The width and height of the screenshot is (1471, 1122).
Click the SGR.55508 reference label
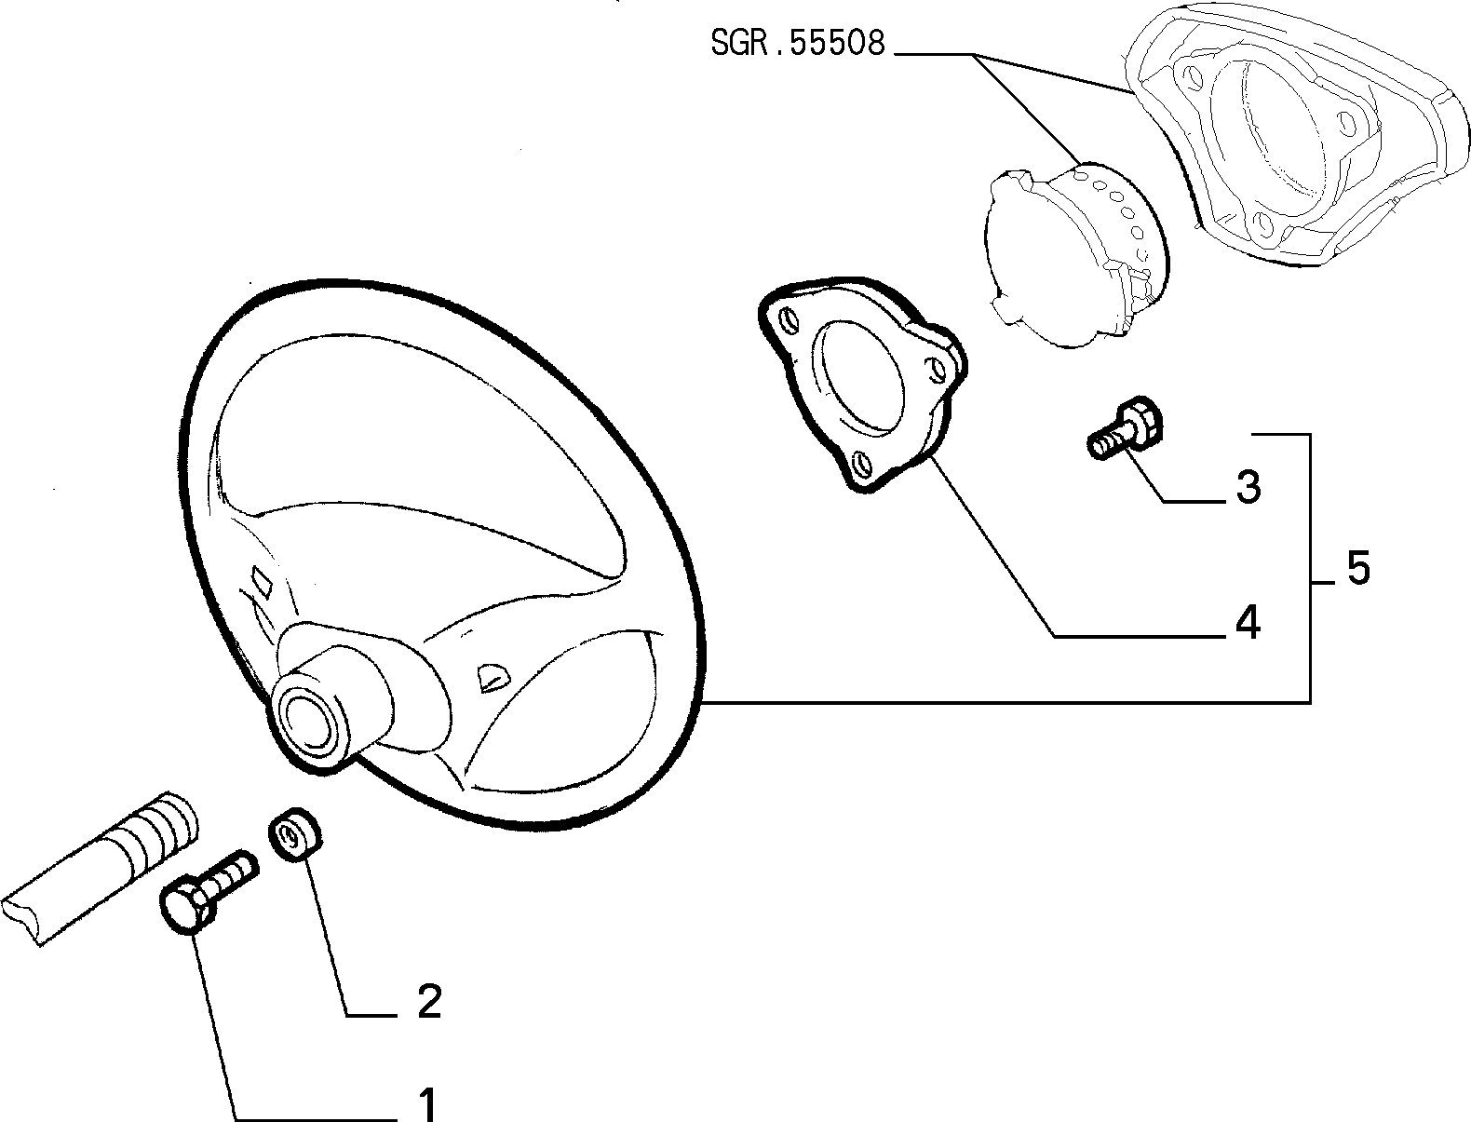click(x=798, y=43)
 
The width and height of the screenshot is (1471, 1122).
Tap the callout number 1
click(x=427, y=1103)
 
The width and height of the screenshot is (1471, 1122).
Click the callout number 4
click(x=1248, y=623)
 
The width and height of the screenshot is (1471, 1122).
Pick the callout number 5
click(x=1357, y=568)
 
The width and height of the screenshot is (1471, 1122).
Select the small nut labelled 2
click(x=295, y=833)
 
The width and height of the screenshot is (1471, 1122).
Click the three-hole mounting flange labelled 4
click(x=862, y=382)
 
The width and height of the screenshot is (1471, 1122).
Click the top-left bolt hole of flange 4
click(x=789, y=319)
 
